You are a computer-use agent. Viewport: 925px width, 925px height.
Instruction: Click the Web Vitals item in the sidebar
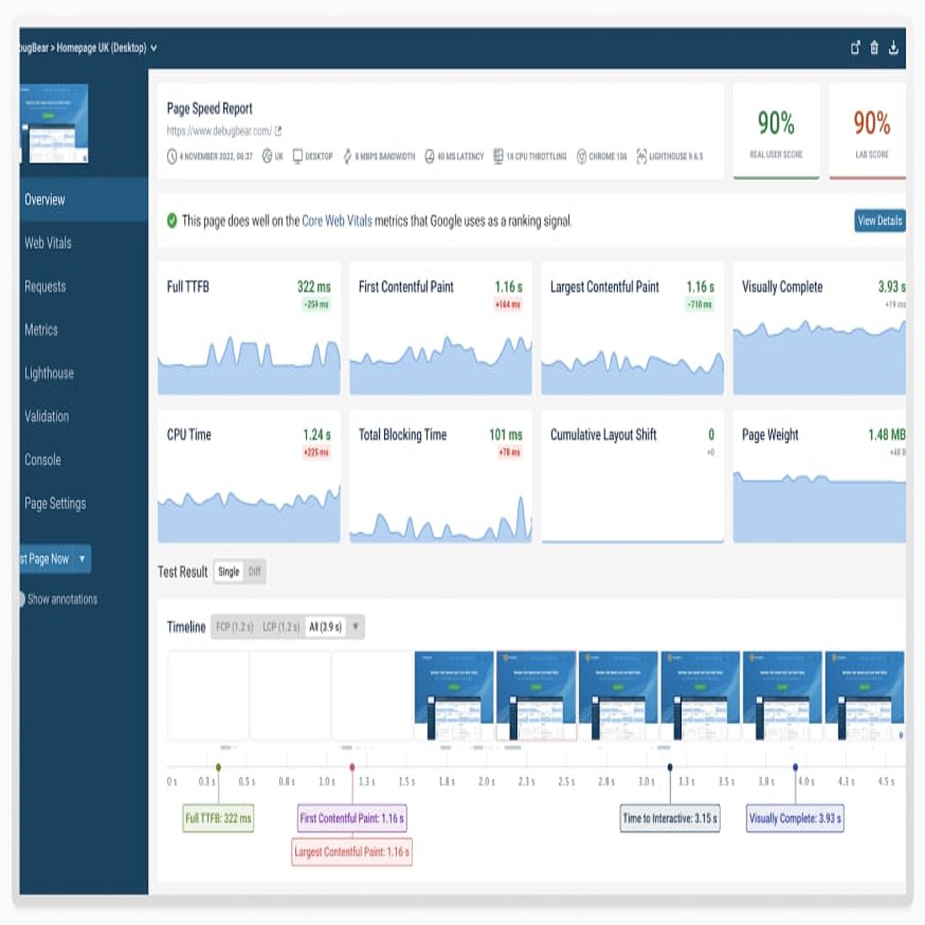tap(48, 243)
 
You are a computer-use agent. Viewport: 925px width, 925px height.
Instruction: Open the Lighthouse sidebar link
tap(49, 373)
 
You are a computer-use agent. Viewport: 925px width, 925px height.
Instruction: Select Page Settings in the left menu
tap(55, 504)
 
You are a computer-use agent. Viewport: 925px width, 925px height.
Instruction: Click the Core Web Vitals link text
tap(336, 221)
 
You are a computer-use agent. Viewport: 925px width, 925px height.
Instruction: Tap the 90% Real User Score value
tap(775, 124)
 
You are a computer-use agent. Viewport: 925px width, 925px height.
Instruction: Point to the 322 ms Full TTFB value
tap(314, 287)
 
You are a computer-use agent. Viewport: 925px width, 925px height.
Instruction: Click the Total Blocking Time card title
tap(402, 435)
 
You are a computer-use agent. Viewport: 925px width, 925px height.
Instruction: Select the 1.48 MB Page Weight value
tap(886, 435)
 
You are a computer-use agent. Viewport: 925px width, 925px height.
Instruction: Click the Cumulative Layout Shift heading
tap(603, 435)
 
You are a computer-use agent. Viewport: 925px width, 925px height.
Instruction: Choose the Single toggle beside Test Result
tap(229, 572)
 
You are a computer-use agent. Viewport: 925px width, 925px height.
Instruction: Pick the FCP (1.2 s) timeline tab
tap(234, 626)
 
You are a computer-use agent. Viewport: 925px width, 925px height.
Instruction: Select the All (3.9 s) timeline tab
tap(325, 626)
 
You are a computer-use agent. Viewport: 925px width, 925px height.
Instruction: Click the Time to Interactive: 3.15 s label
tap(670, 818)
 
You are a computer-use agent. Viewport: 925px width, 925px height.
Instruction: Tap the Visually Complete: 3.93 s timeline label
tap(795, 818)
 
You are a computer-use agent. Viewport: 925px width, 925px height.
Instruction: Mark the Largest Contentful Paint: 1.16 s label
tap(351, 852)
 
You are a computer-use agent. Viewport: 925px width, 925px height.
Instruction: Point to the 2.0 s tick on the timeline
tap(486, 782)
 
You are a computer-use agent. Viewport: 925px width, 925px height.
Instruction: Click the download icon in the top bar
tap(893, 48)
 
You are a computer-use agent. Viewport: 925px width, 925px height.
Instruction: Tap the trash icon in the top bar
tap(875, 48)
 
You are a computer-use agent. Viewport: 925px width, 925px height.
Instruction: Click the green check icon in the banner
tap(172, 220)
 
